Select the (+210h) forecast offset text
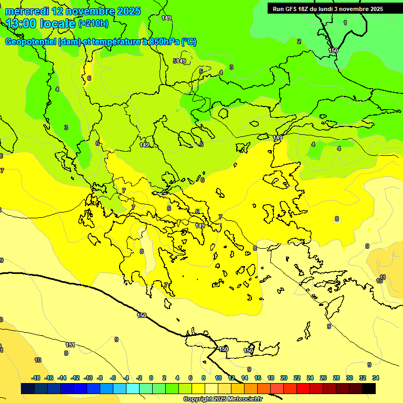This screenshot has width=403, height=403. coord(93,23)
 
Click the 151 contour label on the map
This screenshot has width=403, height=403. coord(70,345)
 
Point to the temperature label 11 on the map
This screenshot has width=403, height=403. coord(383,277)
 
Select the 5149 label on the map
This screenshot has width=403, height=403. coord(179,61)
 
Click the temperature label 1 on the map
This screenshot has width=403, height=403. coord(345,23)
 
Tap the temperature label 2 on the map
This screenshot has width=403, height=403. coord(299,41)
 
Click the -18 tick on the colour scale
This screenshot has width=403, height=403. coord(36,378)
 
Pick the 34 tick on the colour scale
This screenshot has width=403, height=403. coord(375,378)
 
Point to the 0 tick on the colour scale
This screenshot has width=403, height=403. coord(151,378)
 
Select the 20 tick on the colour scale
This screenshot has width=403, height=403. coord(284,378)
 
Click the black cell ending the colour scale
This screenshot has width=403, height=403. coord(369,388)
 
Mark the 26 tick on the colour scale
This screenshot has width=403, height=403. coord(323,378)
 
